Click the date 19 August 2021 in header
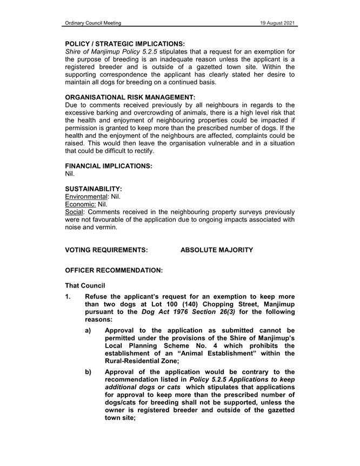point(276,23)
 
